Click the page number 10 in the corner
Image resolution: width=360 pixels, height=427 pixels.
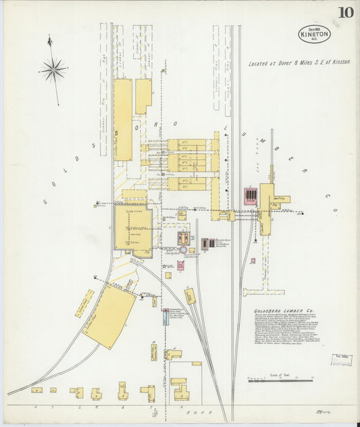tap(345, 12)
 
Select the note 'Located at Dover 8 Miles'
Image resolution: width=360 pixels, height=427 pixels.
tap(299, 61)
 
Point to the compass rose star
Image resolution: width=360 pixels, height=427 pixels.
tap(53, 68)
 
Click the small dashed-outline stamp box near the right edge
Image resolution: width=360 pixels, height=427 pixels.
tap(340, 359)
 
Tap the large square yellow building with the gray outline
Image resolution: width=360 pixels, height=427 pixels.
tap(132, 227)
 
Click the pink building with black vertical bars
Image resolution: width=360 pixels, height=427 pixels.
tap(251, 196)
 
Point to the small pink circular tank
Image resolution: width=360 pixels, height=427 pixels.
tap(183, 249)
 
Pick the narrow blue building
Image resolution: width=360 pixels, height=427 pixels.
tap(165, 317)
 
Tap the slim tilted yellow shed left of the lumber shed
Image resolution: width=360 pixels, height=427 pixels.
tap(84, 303)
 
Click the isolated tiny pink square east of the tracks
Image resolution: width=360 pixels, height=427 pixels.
tap(253, 260)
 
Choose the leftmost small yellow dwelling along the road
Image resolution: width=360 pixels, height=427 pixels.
tap(36, 390)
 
